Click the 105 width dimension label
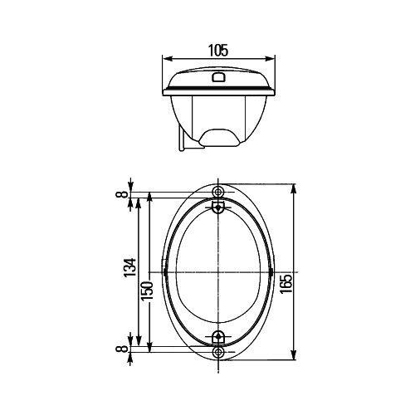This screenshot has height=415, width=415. click(x=218, y=49)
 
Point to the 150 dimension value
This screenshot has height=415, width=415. click(x=145, y=291)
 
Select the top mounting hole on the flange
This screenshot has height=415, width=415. click(x=218, y=191)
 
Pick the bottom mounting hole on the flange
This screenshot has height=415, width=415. click(x=218, y=353)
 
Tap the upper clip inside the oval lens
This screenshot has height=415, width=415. click(x=218, y=205)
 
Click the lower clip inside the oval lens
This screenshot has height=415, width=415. click(x=218, y=337)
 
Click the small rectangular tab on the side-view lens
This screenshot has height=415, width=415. click(x=218, y=78)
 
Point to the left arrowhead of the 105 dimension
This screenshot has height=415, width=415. click(x=165, y=58)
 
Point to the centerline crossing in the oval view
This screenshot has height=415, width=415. click(x=218, y=272)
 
